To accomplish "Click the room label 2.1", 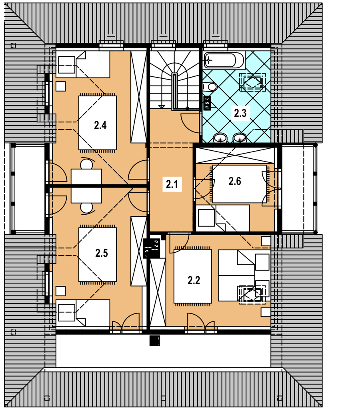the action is tap(172, 184).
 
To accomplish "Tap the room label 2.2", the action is tap(194, 281).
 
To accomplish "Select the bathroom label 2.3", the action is tap(240, 113).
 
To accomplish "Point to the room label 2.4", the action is tap(100, 125).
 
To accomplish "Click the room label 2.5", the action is tap(102, 253).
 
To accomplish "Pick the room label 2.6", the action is tap(235, 181).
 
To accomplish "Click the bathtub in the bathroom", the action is tap(224, 60).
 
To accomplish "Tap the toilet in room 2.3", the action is tap(209, 86).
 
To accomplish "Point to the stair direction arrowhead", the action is tap(162, 106).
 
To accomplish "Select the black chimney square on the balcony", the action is tap(155, 341).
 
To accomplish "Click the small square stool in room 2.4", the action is tap(60, 86).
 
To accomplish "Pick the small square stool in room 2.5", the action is tap(60, 291).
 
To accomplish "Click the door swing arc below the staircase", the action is tap(190, 123).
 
